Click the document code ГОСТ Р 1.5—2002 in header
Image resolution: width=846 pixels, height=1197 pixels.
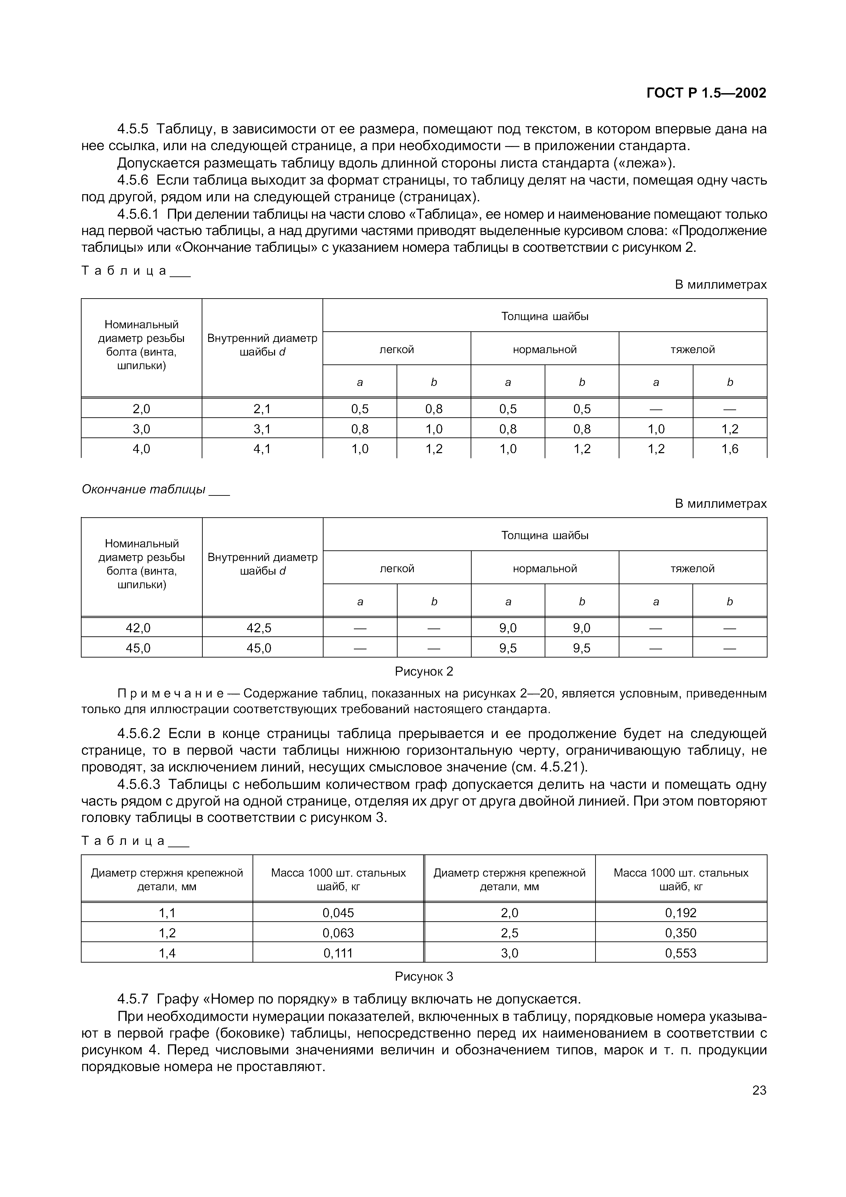click(x=706, y=93)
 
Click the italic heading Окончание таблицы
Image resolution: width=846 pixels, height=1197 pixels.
click(x=143, y=490)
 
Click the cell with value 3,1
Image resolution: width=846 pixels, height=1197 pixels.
click(x=262, y=429)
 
